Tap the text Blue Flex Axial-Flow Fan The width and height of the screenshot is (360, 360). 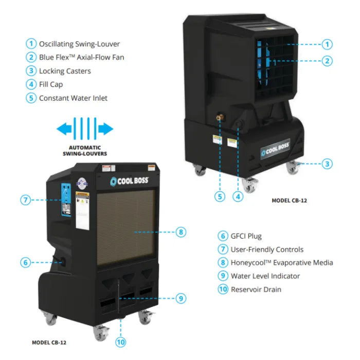tap(81, 57)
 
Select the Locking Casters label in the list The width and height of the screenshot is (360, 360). tap(65, 71)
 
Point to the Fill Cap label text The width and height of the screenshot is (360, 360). tap(51, 84)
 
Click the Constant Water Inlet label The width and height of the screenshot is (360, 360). tap(73, 98)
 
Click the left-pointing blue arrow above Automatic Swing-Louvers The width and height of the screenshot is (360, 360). tap(65, 129)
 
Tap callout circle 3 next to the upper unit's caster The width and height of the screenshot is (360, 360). tap(327, 164)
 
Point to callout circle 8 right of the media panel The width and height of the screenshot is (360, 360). tap(181, 232)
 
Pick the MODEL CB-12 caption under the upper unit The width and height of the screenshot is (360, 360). tap(289, 201)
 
